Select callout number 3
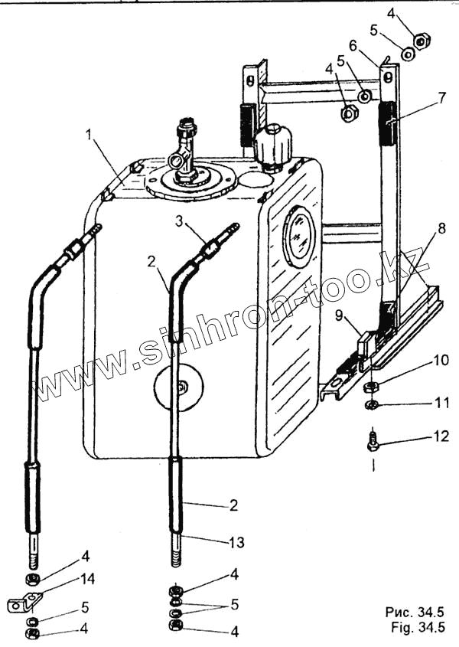tap(177, 223)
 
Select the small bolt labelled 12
tap(373, 441)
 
